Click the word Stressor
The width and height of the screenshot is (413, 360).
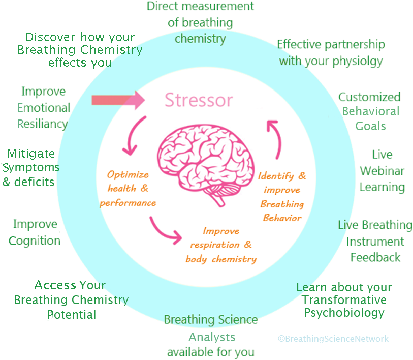[199, 100]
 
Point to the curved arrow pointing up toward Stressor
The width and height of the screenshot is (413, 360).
[275, 138]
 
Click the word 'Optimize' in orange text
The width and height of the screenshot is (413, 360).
[128, 174]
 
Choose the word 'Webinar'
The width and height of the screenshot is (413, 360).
[382, 170]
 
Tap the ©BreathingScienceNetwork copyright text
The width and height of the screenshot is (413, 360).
[333, 339]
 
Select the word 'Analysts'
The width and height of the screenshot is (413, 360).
[212, 337]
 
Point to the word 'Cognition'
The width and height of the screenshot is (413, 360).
[35, 241]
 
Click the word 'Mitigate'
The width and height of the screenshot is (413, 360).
[31, 154]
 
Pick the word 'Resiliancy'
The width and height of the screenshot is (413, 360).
[42, 124]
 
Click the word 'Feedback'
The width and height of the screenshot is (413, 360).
[375, 257]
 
